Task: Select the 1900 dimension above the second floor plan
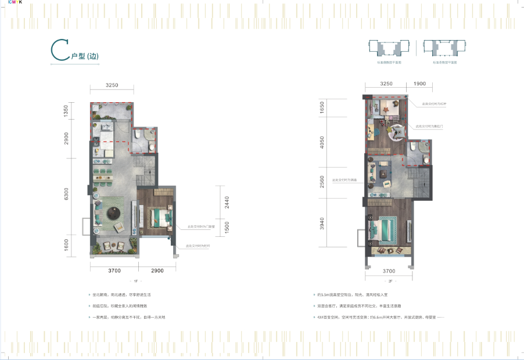click(420, 84)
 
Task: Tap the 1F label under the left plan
click(135, 281)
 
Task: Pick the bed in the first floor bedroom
click(160, 218)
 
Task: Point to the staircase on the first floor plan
click(148, 169)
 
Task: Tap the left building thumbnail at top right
click(385, 49)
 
